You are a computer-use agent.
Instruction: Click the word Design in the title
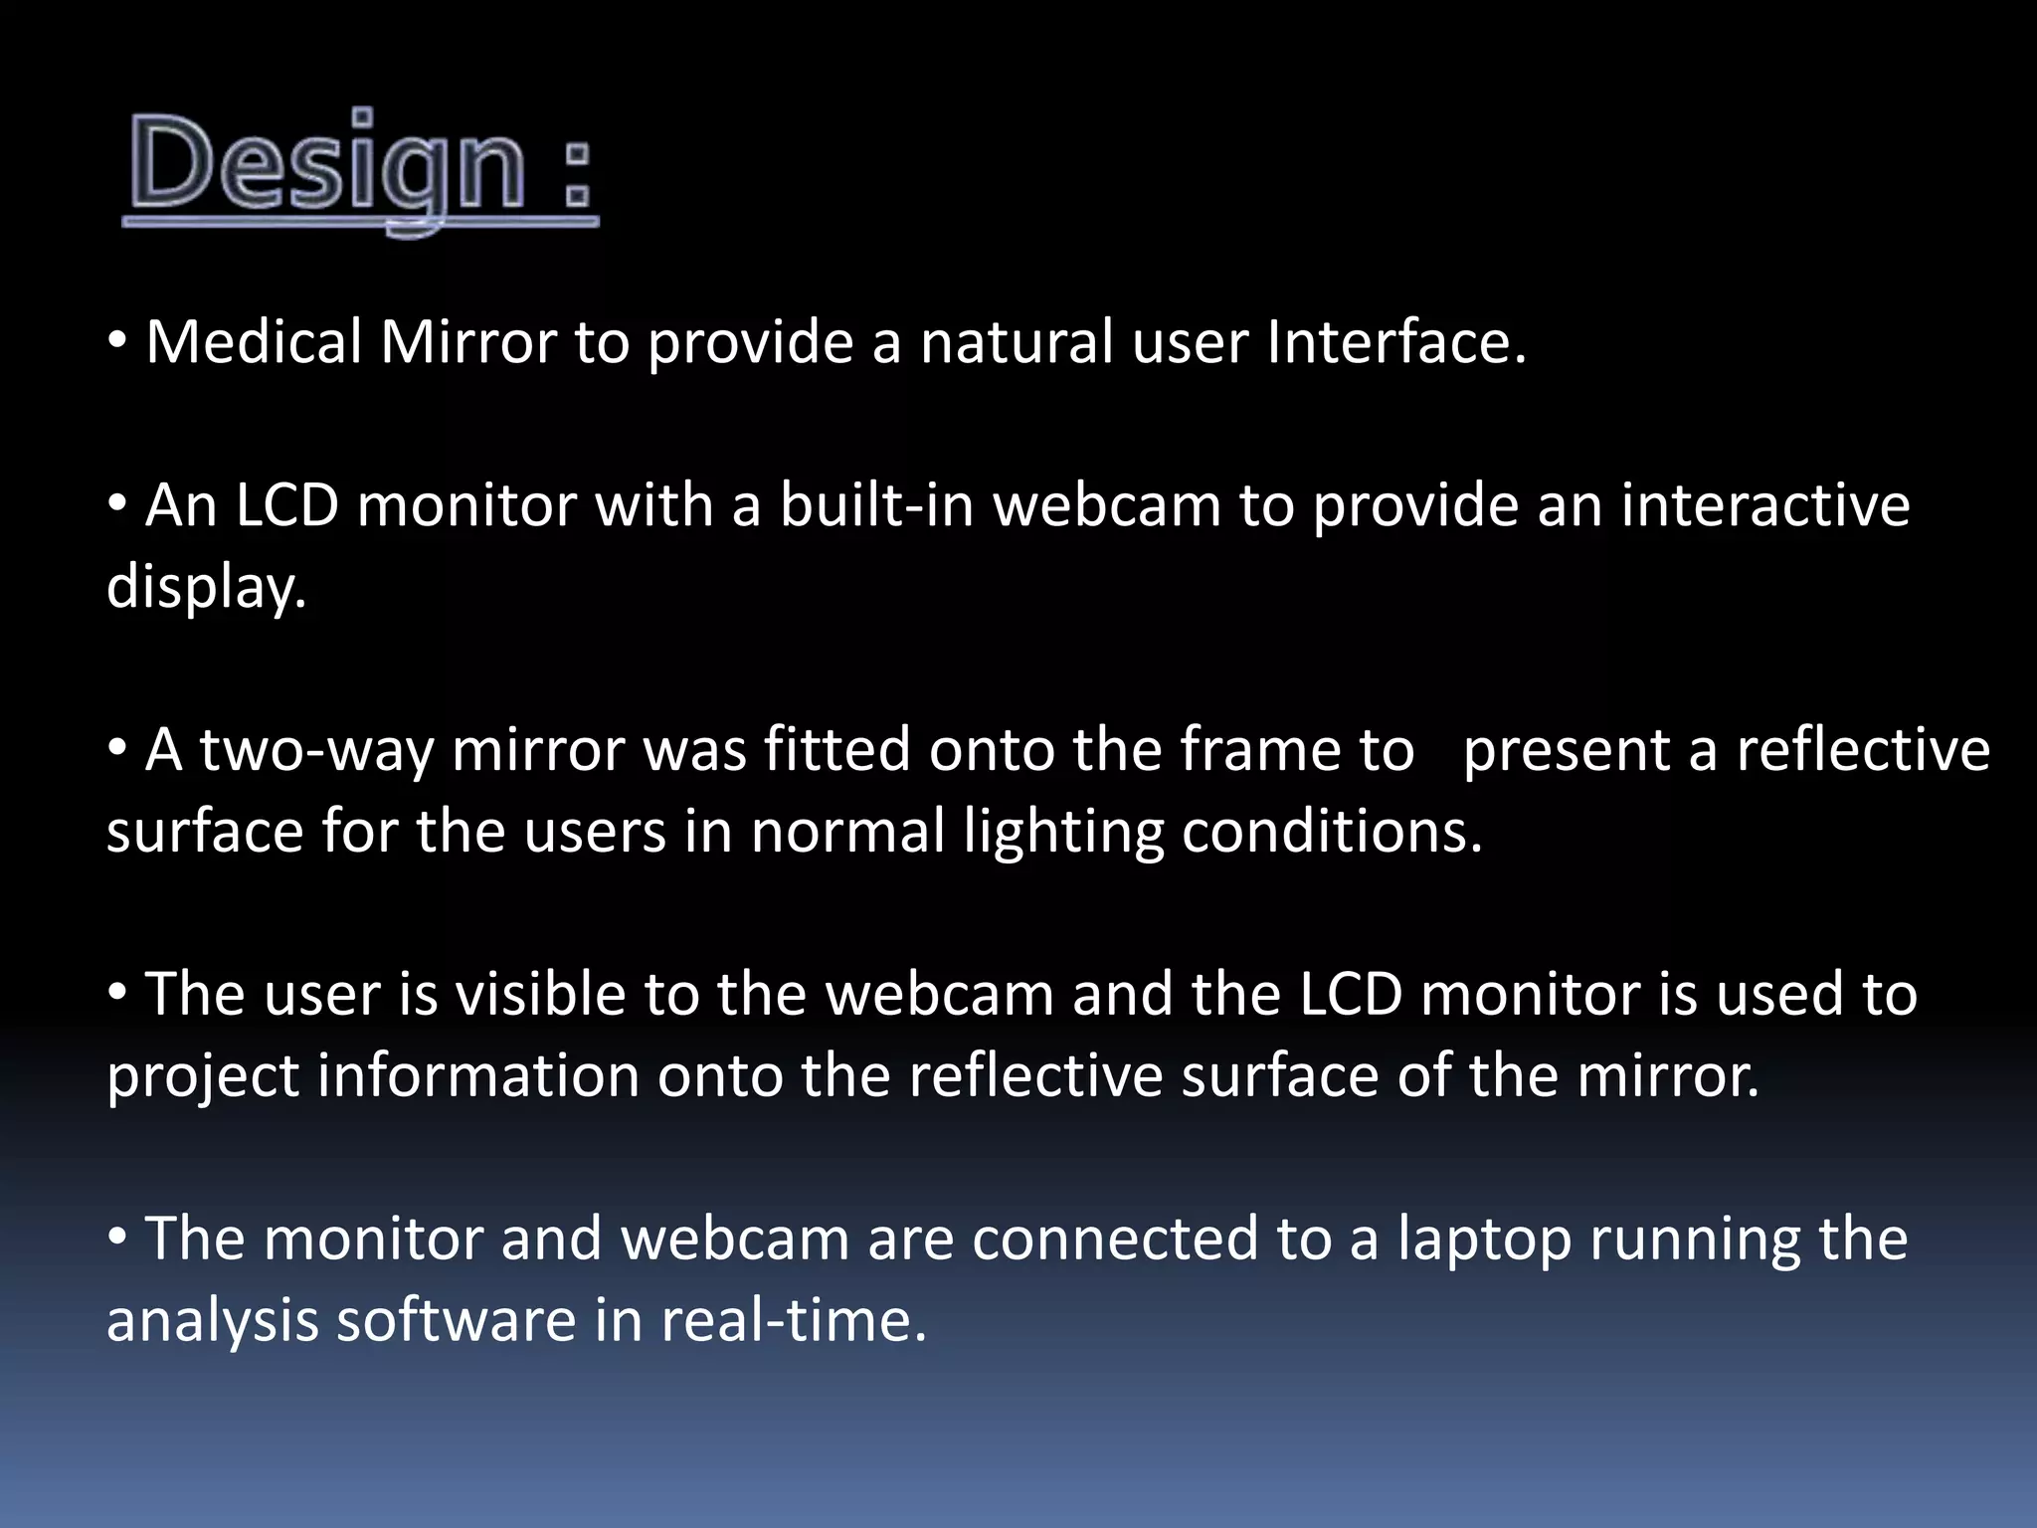pyautogui.click(x=327, y=164)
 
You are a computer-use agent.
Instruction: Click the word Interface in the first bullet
pyautogui.click(x=1396, y=342)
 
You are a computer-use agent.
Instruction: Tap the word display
pyautogui.click(x=206, y=587)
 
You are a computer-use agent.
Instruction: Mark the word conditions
pyautogui.click(x=1332, y=832)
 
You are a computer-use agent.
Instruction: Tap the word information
pyautogui.click(x=478, y=1076)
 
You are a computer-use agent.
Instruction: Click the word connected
pyautogui.click(x=1115, y=1240)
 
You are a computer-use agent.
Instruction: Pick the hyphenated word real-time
pyautogui.click(x=793, y=1321)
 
